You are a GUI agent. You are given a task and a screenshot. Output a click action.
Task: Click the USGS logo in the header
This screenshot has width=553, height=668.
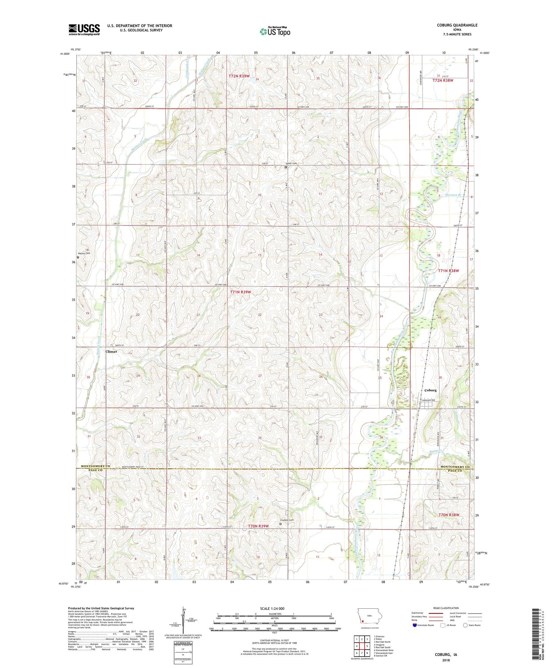point(84,29)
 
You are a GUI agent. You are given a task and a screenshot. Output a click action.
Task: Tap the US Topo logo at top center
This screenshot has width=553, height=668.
point(275,32)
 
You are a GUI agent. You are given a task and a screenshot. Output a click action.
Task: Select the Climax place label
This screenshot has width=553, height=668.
point(111,352)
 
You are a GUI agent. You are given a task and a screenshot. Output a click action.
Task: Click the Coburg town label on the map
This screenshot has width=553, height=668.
point(430,390)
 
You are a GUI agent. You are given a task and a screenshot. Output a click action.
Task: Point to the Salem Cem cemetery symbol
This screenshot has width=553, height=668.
point(286,167)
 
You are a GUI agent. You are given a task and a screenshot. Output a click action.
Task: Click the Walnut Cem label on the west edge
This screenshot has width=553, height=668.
point(84,253)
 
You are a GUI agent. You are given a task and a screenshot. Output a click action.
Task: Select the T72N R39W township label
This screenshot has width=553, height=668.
point(239,76)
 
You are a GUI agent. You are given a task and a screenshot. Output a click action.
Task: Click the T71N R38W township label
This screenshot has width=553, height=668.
point(448,271)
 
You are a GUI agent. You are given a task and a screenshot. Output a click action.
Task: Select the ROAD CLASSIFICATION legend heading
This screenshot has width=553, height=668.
point(446,608)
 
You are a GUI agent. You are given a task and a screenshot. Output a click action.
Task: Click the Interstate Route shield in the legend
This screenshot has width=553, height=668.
point(415,625)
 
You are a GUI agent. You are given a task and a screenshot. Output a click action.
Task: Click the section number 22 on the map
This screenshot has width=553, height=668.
point(260,315)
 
